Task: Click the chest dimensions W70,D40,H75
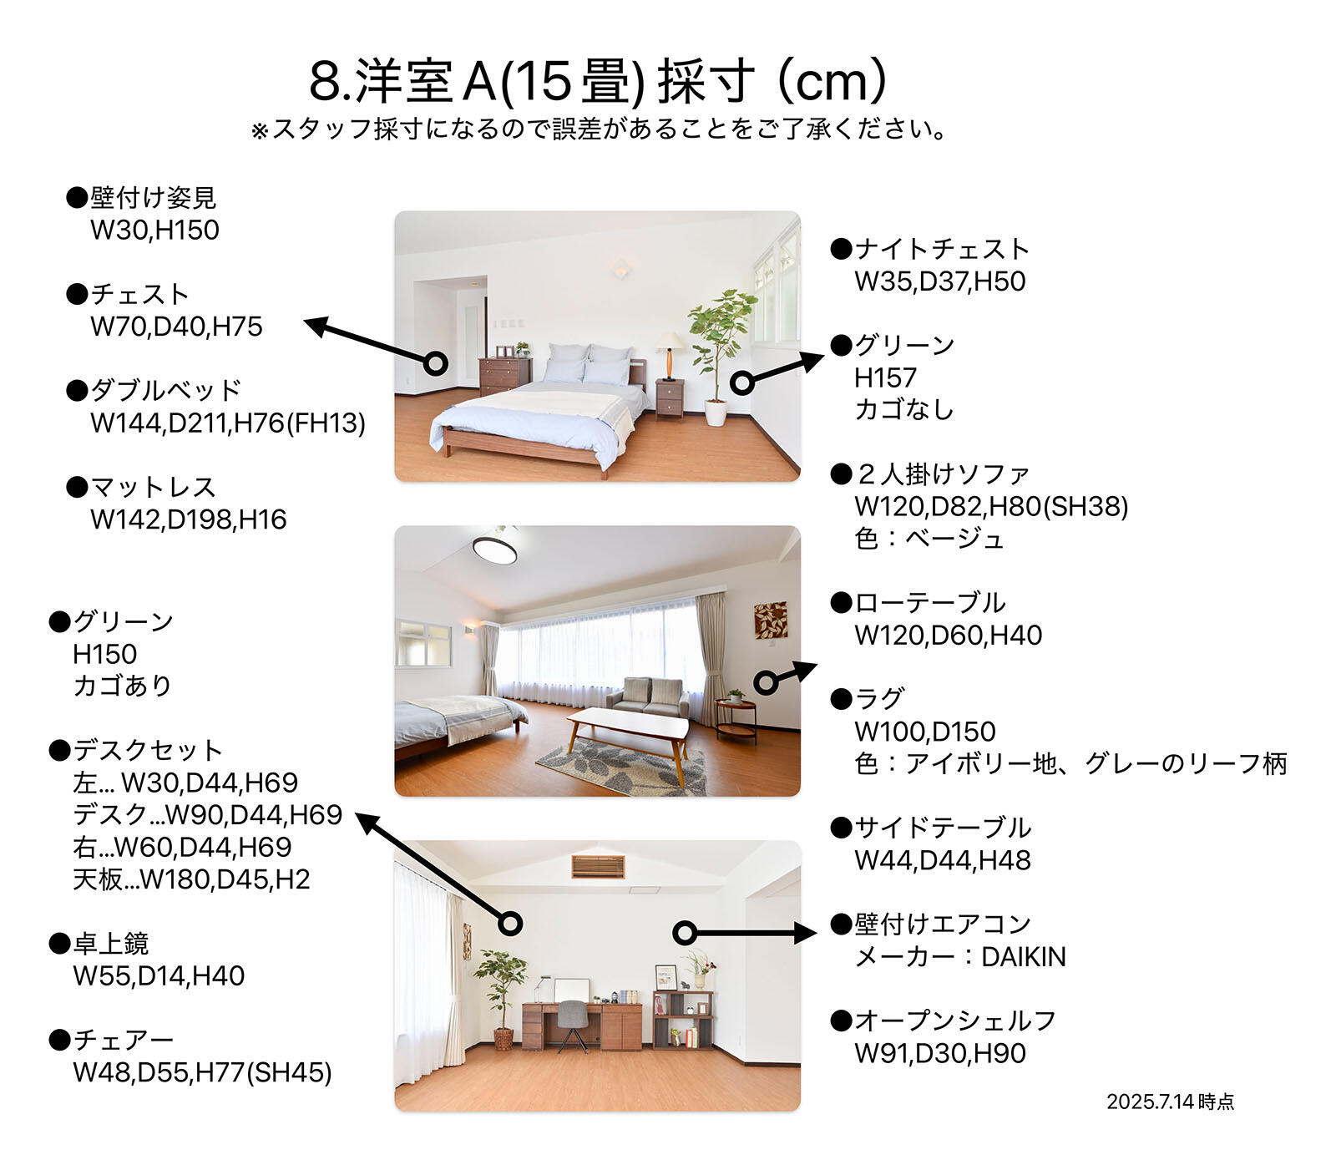click(176, 327)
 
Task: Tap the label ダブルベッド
click(165, 390)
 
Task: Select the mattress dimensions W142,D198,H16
click(188, 519)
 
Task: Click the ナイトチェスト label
click(942, 249)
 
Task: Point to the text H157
click(885, 377)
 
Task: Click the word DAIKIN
click(1024, 957)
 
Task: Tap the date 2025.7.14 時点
click(1170, 1102)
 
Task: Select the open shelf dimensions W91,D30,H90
click(940, 1053)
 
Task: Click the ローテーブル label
click(929, 603)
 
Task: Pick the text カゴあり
click(122, 686)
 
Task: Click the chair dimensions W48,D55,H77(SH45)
click(202, 1072)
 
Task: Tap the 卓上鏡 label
click(110, 944)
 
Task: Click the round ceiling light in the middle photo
click(494, 550)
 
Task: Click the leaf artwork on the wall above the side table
click(771, 620)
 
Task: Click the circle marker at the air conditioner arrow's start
click(685, 933)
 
